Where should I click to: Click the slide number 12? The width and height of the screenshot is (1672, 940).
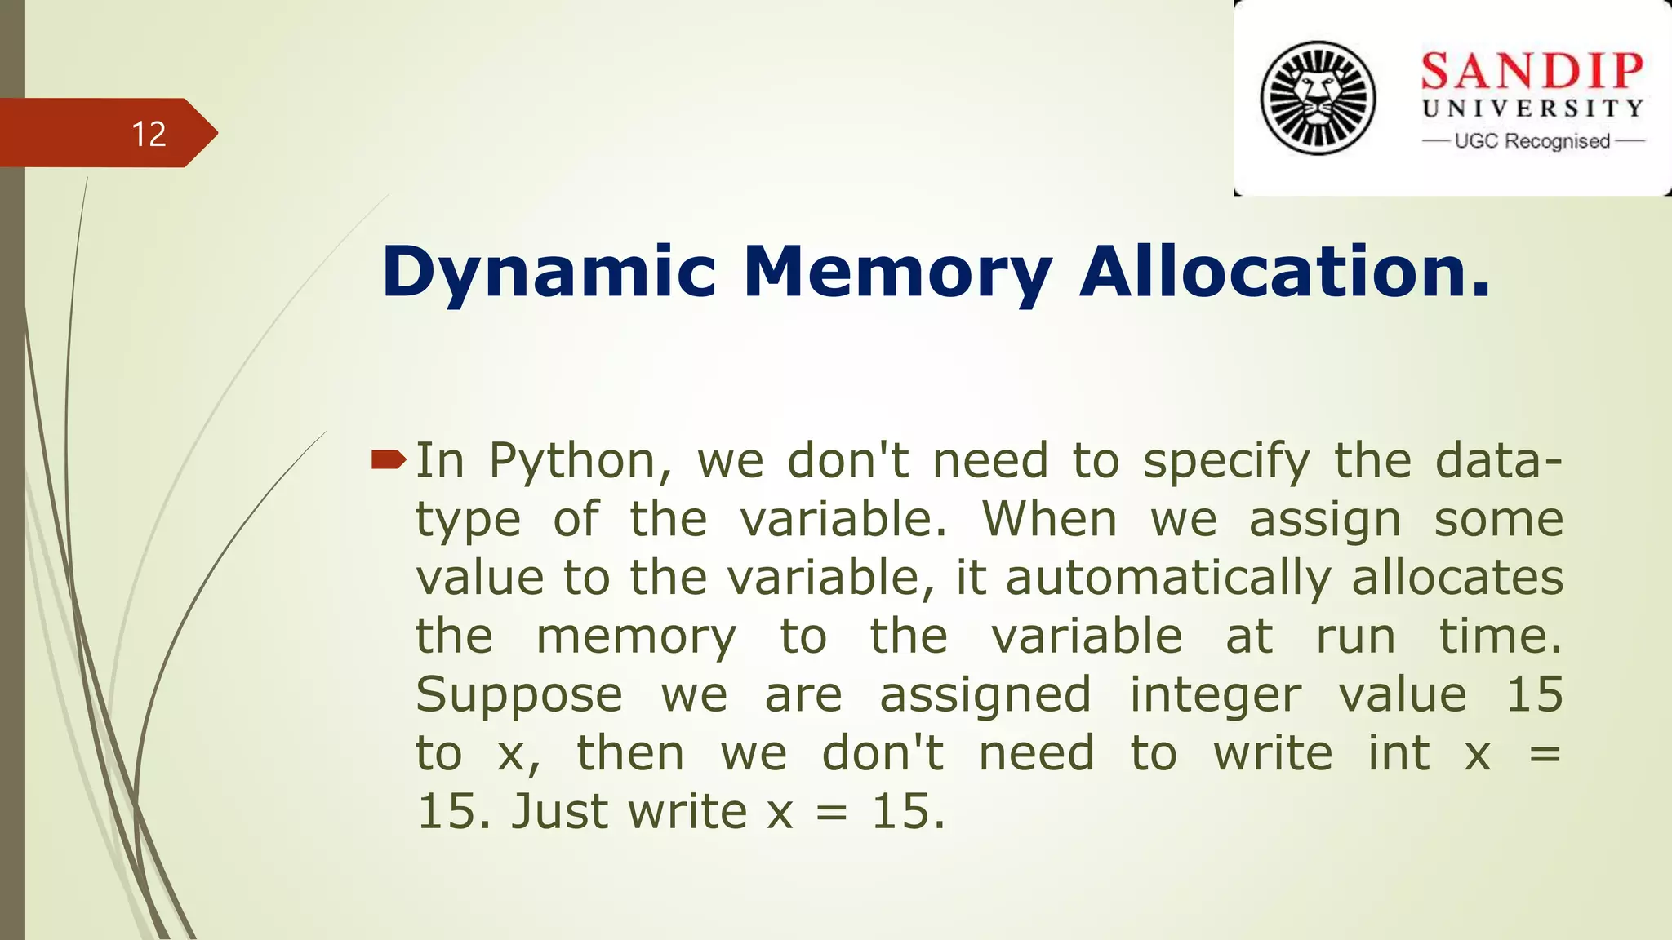pyautogui.click(x=149, y=134)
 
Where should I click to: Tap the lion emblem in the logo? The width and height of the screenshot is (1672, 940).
pyautogui.click(x=1318, y=98)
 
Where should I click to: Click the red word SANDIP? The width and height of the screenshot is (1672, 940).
pyautogui.click(x=1532, y=71)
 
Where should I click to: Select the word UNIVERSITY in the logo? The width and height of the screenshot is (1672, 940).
pyautogui.click(x=1532, y=109)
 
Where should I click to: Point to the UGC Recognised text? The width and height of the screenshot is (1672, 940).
pyautogui.click(x=1532, y=141)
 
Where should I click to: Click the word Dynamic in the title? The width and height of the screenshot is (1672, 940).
pyautogui.click(x=549, y=272)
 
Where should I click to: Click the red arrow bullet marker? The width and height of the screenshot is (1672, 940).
pyautogui.click(x=388, y=460)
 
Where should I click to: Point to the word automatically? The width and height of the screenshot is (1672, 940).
pyautogui.click(x=1168, y=579)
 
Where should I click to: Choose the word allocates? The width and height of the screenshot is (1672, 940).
pyautogui.click(x=1457, y=578)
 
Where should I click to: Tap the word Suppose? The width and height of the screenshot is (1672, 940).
pyautogui.click(x=519, y=696)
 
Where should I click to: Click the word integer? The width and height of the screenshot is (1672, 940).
pyautogui.click(x=1215, y=696)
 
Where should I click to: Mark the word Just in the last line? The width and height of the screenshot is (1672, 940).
pyautogui.click(x=559, y=812)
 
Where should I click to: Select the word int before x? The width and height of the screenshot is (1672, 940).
pyautogui.click(x=1399, y=753)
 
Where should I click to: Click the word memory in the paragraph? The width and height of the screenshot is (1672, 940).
pyautogui.click(x=636, y=637)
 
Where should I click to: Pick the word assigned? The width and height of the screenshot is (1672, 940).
pyautogui.click(x=985, y=696)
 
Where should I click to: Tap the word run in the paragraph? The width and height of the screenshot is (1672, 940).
pyautogui.click(x=1355, y=637)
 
